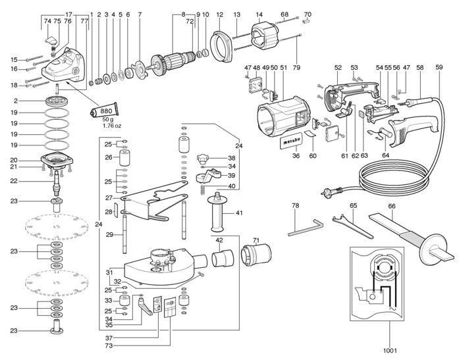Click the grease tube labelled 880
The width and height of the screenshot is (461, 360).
(x=104, y=111)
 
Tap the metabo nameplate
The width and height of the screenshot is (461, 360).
(x=291, y=141)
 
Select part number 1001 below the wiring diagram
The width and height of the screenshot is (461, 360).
(x=390, y=350)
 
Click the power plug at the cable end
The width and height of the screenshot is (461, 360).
(x=331, y=192)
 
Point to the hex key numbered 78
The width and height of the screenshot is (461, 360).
(x=306, y=228)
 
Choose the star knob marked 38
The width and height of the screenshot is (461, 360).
(x=203, y=158)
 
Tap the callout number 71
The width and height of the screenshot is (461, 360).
(x=256, y=241)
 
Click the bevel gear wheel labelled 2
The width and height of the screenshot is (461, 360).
(x=57, y=101)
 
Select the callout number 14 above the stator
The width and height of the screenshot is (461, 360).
(x=259, y=14)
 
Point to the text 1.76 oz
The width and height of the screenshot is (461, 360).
(x=112, y=126)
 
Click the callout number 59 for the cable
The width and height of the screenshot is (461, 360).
(x=439, y=67)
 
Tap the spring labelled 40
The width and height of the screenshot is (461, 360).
(x=203, y=190)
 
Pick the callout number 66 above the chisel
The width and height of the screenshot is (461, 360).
(x=392, y=206)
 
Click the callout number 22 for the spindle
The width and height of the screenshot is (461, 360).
(x=14, y=181)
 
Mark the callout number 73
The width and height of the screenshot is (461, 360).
(x=109, y=346)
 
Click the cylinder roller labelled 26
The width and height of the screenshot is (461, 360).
(x=124, y=158)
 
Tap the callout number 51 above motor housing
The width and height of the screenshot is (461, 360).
(x=283, y=67)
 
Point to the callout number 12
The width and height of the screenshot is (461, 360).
(x=220, y=14)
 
